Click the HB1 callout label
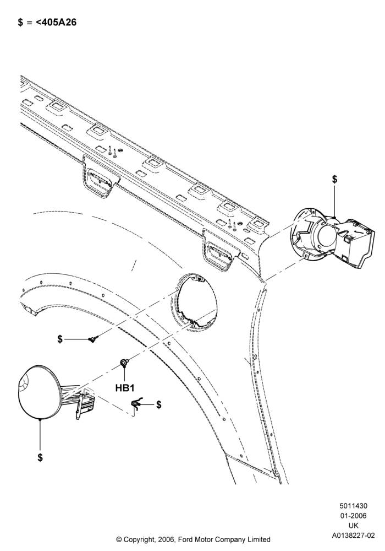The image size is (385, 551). tap(125, 388)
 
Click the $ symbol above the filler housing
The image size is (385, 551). tap(334, 179)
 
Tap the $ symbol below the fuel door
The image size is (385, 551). tap(40, 457)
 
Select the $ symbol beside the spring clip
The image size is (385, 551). tap(159, 404)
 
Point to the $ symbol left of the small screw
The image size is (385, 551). tap(60, 339)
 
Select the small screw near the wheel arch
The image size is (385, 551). tap(94, 338)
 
